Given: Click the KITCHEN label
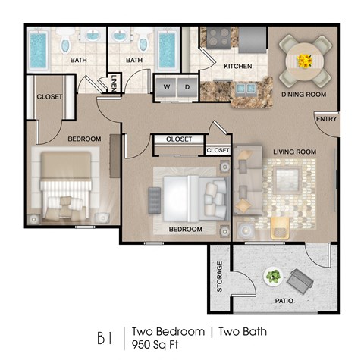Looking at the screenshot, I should tap(237, 67).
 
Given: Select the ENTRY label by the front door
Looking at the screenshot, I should tap(327, 120).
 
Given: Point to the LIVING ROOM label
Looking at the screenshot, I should tap(294, 152).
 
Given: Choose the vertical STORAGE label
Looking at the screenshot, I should tap(220, 277).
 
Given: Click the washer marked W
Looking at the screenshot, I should tap(165, 86).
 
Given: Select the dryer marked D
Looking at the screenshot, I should tap(186, 86).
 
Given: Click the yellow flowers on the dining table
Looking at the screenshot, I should tap(305, 59).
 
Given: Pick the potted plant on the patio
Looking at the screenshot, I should tap(273, 277).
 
